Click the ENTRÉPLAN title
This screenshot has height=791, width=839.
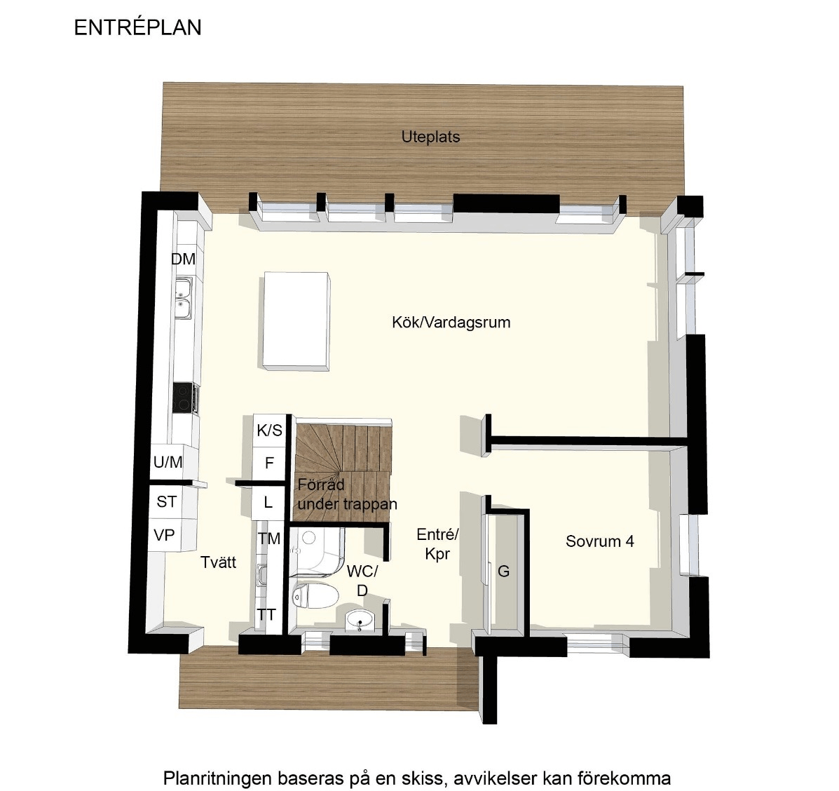pos(137,28)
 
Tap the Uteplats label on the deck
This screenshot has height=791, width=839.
pos(431,137)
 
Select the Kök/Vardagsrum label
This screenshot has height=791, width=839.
pos(451,323)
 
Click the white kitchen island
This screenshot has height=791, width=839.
pos(296,320)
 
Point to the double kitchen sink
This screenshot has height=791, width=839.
pos(184,297)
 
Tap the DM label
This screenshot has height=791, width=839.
pos(183,259)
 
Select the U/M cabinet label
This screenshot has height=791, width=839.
pos(168,462)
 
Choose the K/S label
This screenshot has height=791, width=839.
pos(269,431)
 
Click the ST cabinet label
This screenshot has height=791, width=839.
pos(166,502)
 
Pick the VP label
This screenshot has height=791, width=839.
pos(164,534)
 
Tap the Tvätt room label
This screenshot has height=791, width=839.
pos(218,562)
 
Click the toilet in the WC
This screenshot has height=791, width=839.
pos(315,595)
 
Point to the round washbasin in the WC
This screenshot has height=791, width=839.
pos(360,621)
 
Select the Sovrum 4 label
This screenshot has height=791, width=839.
pos(600,541)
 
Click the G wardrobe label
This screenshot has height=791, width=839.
pos(503,572)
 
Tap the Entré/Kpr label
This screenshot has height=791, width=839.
pos(437,544)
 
